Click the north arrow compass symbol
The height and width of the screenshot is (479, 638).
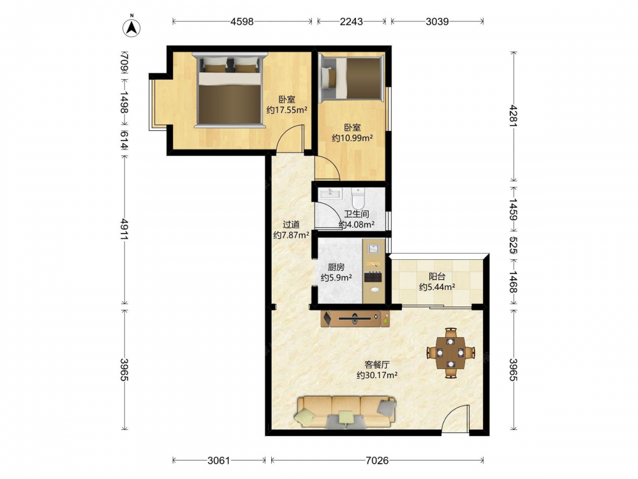[131, 27]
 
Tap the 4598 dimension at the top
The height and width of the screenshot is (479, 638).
[242, 22]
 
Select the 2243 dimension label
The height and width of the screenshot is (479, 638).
[351, 22]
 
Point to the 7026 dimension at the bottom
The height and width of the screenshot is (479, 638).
[377, 460]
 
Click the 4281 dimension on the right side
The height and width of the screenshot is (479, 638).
[514, 116]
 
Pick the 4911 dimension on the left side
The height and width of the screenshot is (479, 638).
[124, 229]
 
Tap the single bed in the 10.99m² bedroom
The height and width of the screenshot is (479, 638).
[352, 78]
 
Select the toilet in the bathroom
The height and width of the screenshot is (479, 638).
[358, 197]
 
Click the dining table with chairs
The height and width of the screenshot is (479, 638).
[450, 353]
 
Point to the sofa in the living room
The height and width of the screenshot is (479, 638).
[346, 412]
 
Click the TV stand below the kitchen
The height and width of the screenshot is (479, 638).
[355, 319]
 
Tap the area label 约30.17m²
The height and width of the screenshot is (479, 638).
[377, 375]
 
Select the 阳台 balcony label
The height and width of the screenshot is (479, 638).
[436, 277]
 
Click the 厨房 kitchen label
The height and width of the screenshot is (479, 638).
[336, 267]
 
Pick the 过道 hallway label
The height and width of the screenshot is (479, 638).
[291, 224]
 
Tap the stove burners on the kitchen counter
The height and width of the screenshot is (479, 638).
[373, 277]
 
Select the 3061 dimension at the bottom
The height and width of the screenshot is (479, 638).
[219, 460]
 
